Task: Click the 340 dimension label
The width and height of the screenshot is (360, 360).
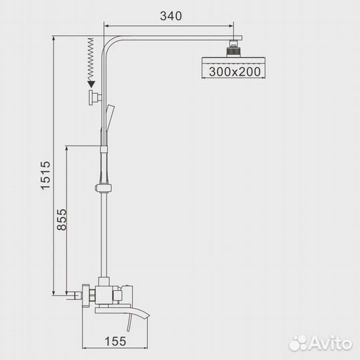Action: [171, 15]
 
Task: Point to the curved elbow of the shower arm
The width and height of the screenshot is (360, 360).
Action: [109, 39]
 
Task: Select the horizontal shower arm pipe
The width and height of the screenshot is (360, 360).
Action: [173, 35]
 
